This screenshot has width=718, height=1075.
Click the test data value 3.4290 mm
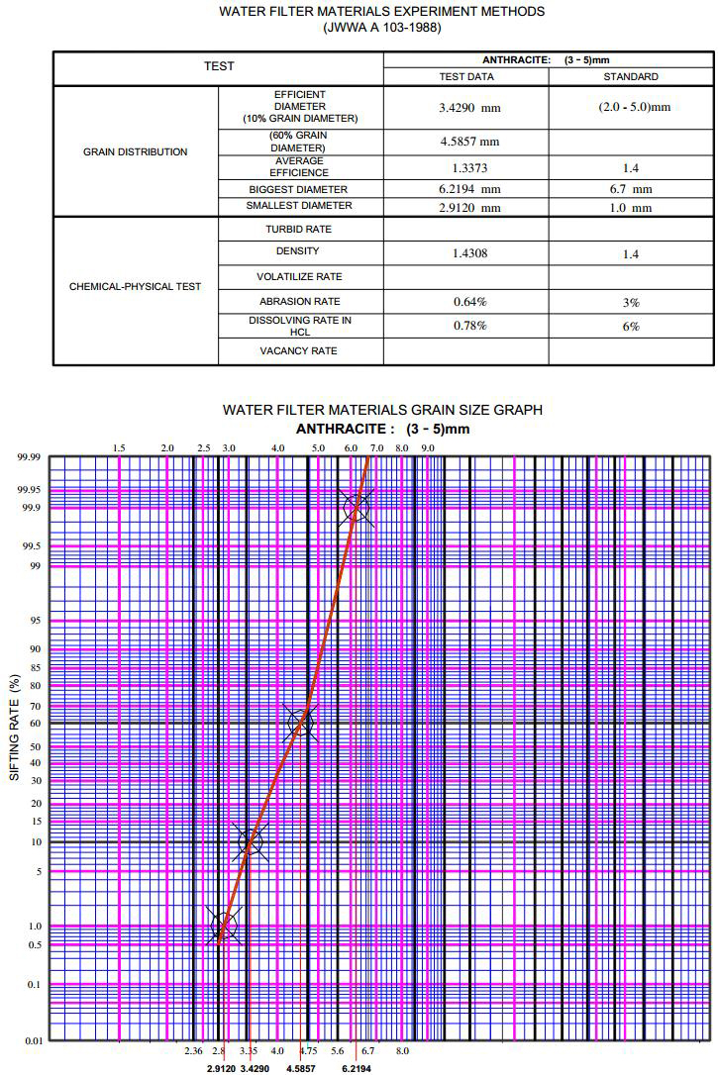pyautogui.click(x=465, y=107)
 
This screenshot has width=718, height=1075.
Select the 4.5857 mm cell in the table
pyautogui.click(x=465, y=142)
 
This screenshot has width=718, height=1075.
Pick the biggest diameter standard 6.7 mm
pyautogui.click(x=630, y=188)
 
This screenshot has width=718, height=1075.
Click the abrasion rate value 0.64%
pyautogui.click(x=465, y=301)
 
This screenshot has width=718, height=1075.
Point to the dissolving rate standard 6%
pyautogui.click(x=630, y=326)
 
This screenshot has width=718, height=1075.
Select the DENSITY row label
pyautogui.click(x=298, y=251)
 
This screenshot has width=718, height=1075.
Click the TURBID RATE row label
pyautogui.click(x=298, y=230)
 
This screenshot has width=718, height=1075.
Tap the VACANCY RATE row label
pyautogui.click(x=298, y=351)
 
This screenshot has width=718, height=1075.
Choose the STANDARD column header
pyautogui.click(x=630, y=76)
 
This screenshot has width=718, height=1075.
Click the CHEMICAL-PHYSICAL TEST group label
pyautogui.click(x=135, y=287)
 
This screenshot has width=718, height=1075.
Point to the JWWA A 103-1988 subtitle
pyautogui.click(x=382, y=28)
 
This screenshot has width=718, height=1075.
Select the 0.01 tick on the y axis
pyautogui.click(x=33, y=1041)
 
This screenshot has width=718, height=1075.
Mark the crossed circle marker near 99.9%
pyautogui.click(x=357, y=508)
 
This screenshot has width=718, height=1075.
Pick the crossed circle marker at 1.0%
pyautogui.click(x=225, y=927)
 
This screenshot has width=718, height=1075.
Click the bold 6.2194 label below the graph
pyautogui.click(x=357, y=1069)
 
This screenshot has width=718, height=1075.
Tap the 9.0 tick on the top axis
pyautogui.click(x=428, y=448)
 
